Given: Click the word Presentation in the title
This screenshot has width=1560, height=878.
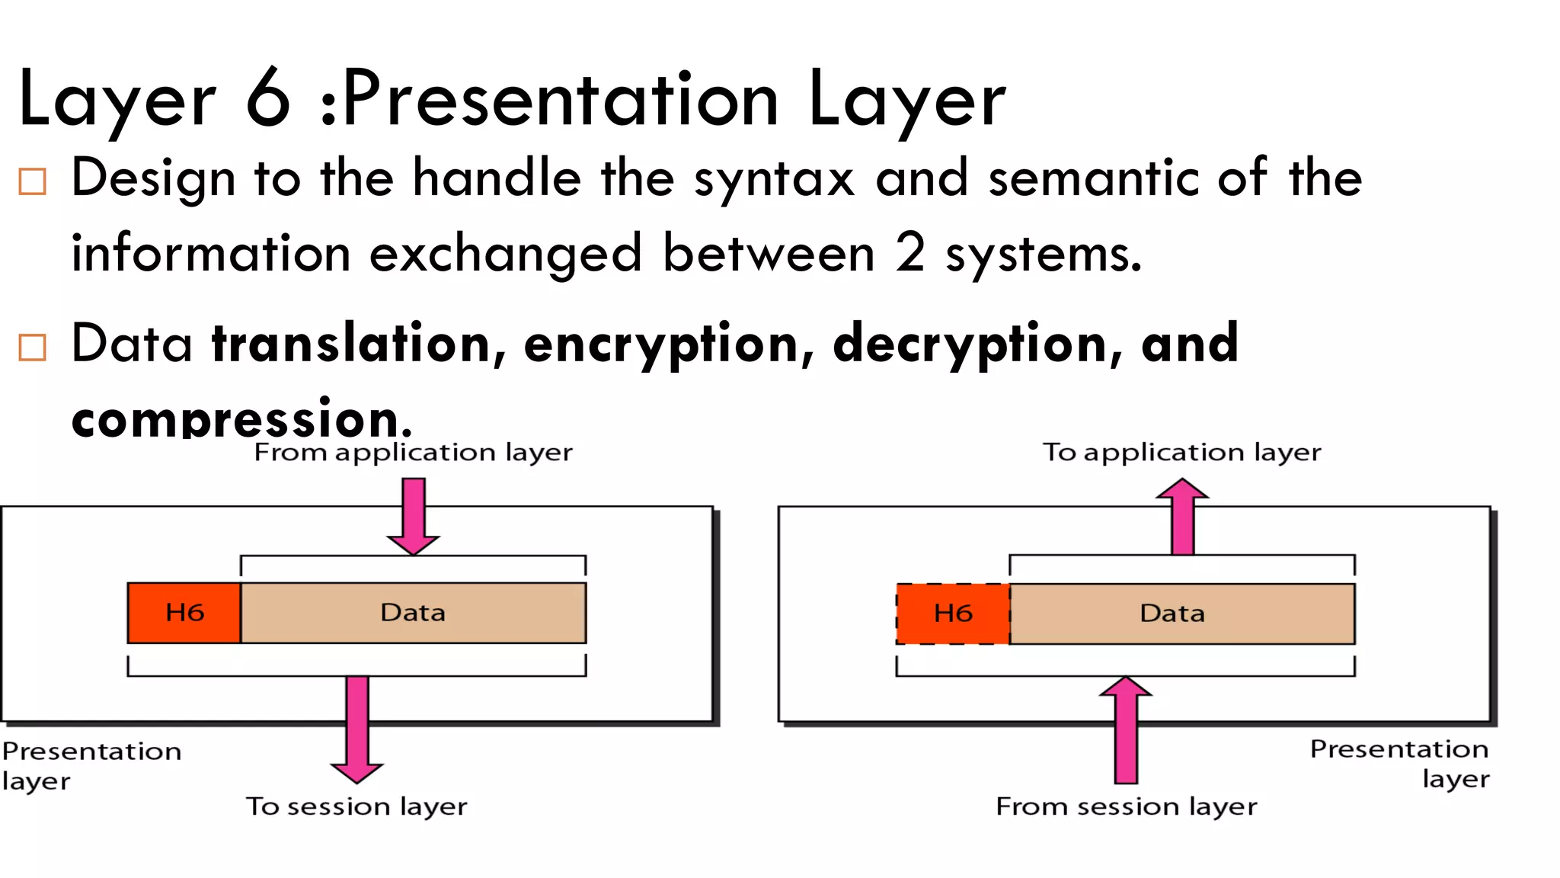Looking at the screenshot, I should [x=560, y=99].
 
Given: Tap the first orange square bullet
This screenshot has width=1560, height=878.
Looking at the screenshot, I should [x=32, y=181].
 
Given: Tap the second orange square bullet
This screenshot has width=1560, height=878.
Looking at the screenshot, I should [x=32, y=347].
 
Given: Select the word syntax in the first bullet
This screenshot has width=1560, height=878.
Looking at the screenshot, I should [x=773, y=179].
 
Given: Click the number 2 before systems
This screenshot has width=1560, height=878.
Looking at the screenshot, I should [x=910, y=253].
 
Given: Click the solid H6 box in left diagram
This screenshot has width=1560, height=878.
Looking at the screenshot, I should [x=184, y=613].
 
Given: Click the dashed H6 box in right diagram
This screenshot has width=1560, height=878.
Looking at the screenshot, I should [x=953, y=614].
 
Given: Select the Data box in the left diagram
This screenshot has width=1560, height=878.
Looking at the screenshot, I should [x=413, y=613].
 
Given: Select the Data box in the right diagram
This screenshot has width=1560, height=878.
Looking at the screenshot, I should [x=1181, y=614].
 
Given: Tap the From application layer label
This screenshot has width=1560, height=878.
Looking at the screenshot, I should [x=413, y=453].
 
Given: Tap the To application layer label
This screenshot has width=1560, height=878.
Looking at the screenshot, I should [x=1181, y=453].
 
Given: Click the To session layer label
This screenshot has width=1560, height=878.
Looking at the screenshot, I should [x=356, y=806].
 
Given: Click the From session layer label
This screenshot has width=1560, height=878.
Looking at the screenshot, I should [x=1126, y=806].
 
